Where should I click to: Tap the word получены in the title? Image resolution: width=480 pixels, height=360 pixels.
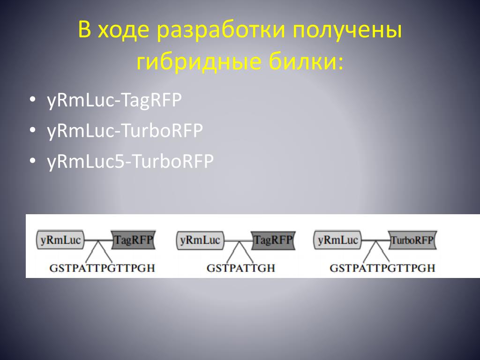(x=347, y=31)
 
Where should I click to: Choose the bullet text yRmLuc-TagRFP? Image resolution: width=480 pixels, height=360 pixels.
(x=114, y=101)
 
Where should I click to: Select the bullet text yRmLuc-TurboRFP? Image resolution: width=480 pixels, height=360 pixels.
(x=125, y=131)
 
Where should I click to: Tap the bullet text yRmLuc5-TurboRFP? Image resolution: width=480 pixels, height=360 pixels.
(x=130, y=162)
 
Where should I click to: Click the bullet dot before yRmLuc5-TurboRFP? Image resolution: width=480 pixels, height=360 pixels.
(x=32, y=160)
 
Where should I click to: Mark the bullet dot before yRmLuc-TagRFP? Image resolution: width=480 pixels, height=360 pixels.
(x=32, y=99)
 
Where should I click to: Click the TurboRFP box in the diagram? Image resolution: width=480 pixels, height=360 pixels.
(x=412, y=240)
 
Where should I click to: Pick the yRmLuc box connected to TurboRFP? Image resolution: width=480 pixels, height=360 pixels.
(x=337, y=240)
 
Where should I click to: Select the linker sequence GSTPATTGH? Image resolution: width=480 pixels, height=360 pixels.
(x=240, y=269)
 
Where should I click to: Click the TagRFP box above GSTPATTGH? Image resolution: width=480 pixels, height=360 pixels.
(x=272, y=240)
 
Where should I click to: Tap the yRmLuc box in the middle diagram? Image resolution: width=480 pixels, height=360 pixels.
(x=200, y=240)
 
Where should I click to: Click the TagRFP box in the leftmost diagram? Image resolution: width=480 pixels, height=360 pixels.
(x=133, y=240)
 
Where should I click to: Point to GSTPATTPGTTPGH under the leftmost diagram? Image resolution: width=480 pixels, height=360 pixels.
(x=102, y=269)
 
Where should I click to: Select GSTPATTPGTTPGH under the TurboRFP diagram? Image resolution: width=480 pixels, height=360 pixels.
(x=382, y=269)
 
